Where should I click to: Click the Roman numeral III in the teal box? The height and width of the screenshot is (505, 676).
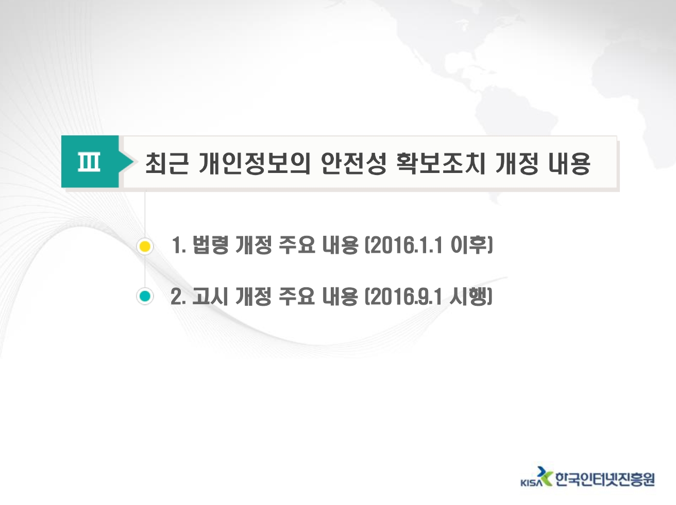(89, 162)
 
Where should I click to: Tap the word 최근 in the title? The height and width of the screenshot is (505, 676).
(166, 163)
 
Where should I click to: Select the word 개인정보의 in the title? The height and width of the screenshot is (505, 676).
(255, 163)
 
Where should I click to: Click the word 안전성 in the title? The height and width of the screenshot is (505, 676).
(353, 163)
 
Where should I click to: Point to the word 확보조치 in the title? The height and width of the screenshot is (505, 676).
(441, 163)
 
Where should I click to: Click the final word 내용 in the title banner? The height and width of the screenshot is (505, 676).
(569, 163)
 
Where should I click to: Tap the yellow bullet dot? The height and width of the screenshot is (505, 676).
(145, 247)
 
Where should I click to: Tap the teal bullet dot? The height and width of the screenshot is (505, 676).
(145, 296)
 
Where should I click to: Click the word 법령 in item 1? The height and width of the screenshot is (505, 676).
(210, 245)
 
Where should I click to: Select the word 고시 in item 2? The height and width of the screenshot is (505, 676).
(210, 296)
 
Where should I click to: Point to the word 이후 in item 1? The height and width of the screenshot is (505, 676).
(469, 245)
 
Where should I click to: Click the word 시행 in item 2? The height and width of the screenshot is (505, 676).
(468, 296)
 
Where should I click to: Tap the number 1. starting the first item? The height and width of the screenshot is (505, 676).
(179, 246)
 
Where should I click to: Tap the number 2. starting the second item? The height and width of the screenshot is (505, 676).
(178, 297)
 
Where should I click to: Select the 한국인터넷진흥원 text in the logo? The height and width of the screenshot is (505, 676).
(605, 479)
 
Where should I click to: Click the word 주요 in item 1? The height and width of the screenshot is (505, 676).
(297, 245)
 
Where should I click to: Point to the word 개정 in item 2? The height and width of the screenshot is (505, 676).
(253, 296)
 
